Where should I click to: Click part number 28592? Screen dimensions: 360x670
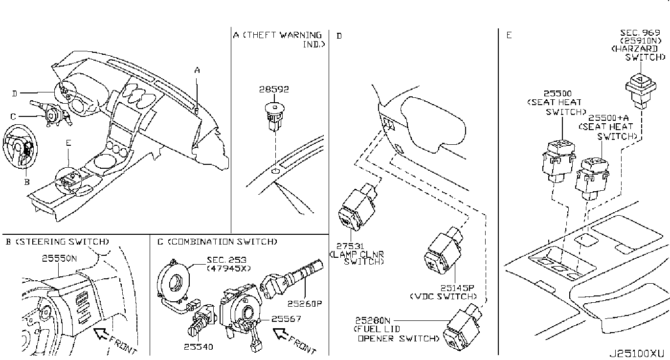click(x=274, y=90)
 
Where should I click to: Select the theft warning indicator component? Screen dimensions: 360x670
click(x=275, y=116)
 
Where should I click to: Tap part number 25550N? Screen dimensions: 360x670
click(x=59, y=259)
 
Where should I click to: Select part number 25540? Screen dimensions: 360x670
click(x=199, y=347)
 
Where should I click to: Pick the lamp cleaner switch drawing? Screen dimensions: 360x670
click(x=357, y=208)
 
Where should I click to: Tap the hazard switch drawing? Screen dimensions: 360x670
click(x=638, y=88)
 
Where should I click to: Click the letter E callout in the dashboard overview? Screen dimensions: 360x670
click(x=68, y=143)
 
